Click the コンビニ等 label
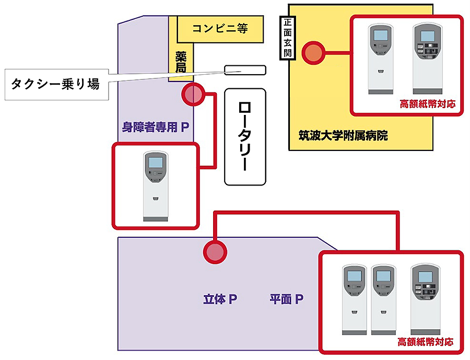point(220,29)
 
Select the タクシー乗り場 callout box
point(55,83)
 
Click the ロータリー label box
point(245,136)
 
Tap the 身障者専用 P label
point(155,127)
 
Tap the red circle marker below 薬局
point(192,95)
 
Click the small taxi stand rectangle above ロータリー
point(245,70)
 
